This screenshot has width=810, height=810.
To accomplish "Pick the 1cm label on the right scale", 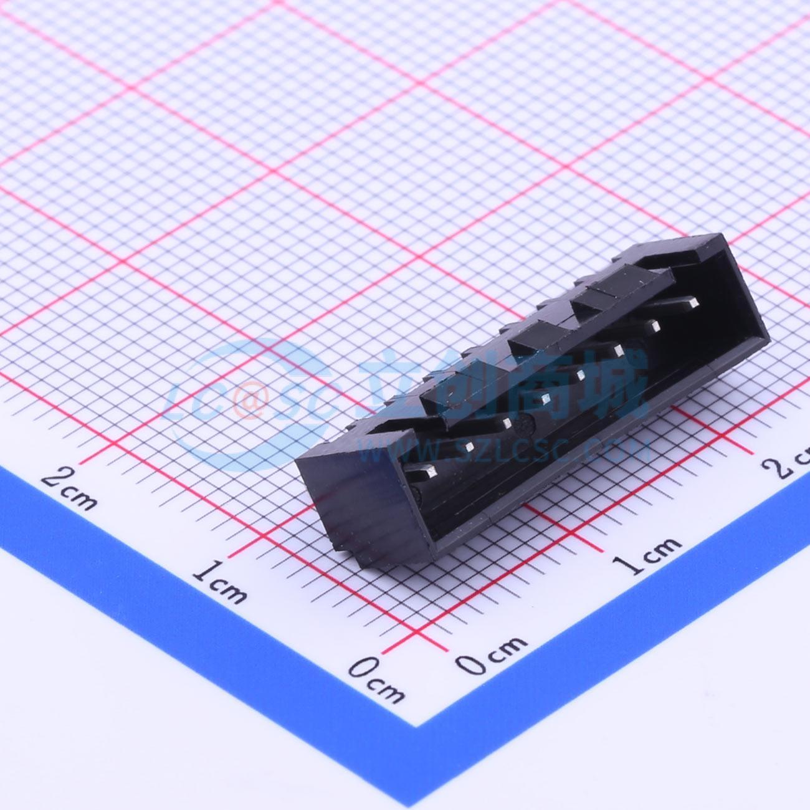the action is (647, 555).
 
